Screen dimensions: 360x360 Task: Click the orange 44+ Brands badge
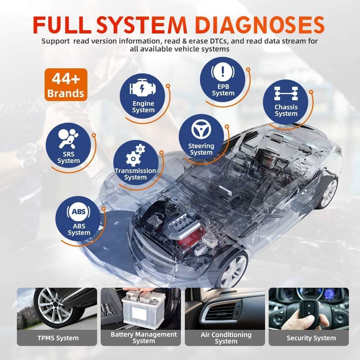tap(66, 85)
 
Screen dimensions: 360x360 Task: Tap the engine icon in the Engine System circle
tap(142, 88)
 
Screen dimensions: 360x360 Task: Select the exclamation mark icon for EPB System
tap(223, 71)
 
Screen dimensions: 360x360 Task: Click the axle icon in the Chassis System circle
tap(286, 94)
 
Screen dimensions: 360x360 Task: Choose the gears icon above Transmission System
tap(136, 155)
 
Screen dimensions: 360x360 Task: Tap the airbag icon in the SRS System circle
tap(68, 138)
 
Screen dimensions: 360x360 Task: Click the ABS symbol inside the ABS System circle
tap(78, 211)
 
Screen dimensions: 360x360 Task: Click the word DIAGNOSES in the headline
tap(260, 25)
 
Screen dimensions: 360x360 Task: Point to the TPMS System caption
tap(58, 338)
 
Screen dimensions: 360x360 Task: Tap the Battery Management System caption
tap(144, 337)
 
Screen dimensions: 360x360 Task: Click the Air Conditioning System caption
tap(226, 338)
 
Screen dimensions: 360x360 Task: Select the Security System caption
tap(311, 338)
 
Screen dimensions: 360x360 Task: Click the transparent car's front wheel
tap(232, 270)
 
